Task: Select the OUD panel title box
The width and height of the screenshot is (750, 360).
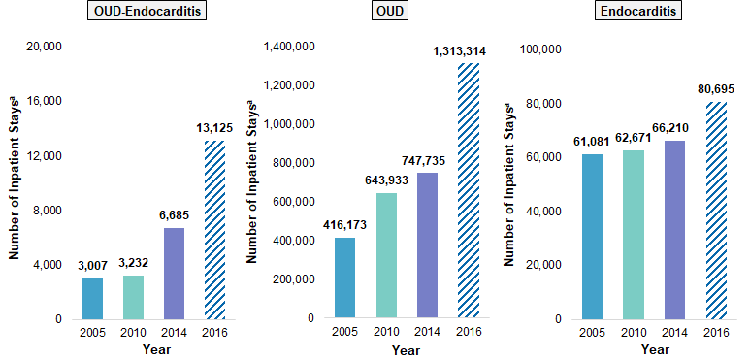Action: click(x=393, y=13)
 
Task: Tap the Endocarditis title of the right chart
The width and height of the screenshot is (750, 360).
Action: click(x=653, y=13)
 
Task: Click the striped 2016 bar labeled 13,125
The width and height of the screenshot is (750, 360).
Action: click(x=214, y=229)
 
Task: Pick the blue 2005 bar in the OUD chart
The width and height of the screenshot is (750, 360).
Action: click(x=344, y=278)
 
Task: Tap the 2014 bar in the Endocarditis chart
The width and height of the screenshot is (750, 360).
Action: click(x=673, y=229)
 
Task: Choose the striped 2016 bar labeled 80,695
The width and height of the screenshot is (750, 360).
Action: click(x=714, y=210)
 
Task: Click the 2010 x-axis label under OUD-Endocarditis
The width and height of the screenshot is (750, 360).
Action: click(x=134, y=333)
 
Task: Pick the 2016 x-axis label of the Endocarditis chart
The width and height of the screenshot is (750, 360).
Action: click(x=714, y=333)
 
